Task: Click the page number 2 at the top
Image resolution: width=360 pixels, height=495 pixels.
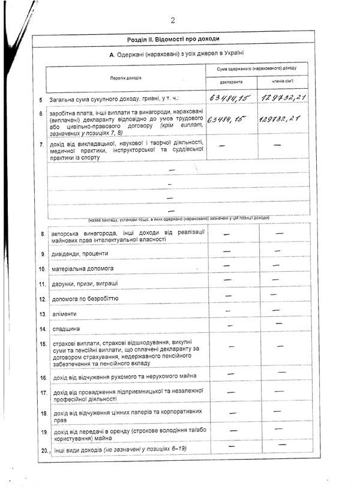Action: click(x=172, y=20)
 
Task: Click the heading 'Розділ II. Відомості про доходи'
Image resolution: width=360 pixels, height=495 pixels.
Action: click(x=173, y=39)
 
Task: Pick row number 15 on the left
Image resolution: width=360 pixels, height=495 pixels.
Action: click(x=43, y=344)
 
